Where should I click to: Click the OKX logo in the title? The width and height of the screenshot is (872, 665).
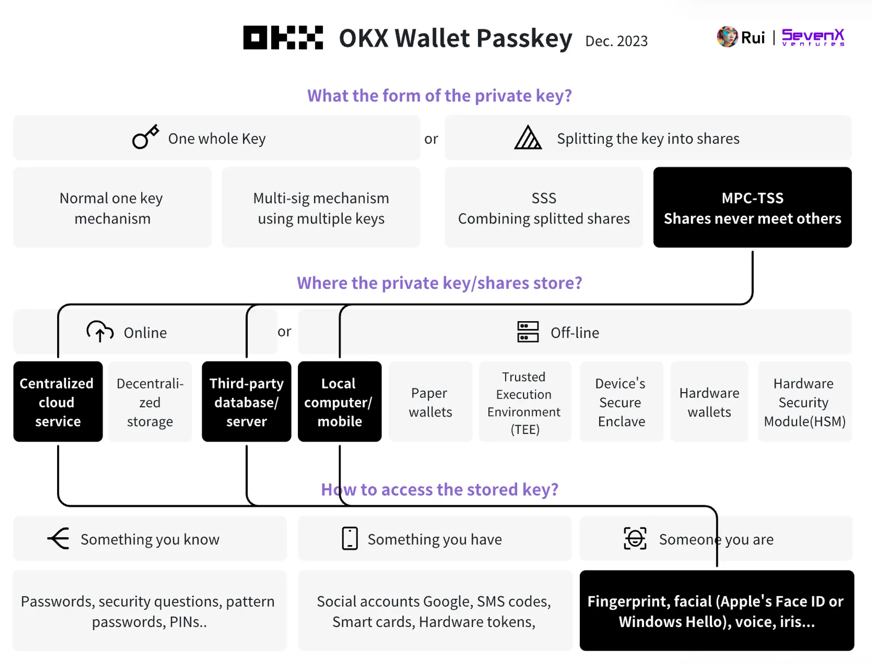[x=283, y=37]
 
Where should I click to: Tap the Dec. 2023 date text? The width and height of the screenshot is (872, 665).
[x=616, y=41]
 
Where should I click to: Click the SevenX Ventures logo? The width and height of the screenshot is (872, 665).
[x=813, y=37]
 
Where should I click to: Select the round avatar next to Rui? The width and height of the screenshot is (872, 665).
[x=727, y=37]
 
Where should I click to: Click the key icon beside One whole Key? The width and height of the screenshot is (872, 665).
[x=145, y=137]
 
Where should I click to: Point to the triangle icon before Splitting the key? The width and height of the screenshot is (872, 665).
[x=528, y=138]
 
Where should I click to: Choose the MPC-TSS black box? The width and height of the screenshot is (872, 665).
[x=752, y=207]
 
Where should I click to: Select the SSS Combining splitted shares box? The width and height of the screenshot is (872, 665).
[x=544, y=207]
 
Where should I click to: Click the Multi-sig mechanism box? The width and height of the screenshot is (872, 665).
[x=321, y=207]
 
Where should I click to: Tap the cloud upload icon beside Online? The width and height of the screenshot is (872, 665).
[x=100, y=332]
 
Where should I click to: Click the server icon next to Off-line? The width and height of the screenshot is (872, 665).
[x=528, y=332]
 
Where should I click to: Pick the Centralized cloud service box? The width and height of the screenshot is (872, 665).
[x=58, y=401]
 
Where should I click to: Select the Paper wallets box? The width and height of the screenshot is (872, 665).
[x=430, y=401]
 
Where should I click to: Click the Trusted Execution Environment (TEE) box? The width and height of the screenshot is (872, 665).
[x=525, y=401]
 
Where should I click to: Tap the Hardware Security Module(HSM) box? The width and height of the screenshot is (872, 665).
[x=804, y=401]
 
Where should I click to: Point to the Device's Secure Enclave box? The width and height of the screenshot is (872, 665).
[x=621, y=401]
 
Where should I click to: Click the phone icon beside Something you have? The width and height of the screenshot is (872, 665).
[x=350, y=539]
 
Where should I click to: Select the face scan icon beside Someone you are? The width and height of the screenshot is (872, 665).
[x=635, y=539]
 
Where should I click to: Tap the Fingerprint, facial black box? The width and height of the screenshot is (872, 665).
[x=716, y=611]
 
